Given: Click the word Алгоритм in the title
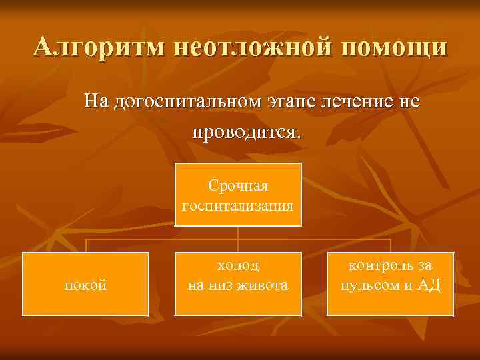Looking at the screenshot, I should [100, 48].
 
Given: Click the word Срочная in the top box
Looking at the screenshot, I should [238, 184].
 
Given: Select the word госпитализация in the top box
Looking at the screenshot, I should [238, 204].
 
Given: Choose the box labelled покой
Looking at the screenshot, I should [85, 284].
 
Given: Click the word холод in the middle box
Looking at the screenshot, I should [238, 265].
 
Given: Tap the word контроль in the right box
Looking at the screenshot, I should [377, 265].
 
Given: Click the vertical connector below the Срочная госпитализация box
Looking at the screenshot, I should [239, 239].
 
